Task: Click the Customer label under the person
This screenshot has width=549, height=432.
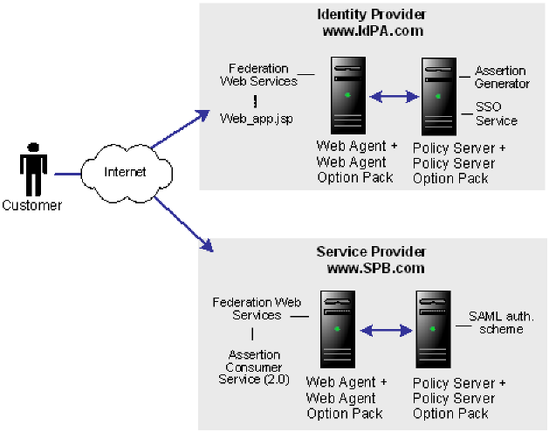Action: pos(32,206)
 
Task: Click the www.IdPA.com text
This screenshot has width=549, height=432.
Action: pos(372,31)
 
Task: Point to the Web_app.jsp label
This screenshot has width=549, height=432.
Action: pos(255,116)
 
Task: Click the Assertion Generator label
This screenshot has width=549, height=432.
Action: pos(501,77)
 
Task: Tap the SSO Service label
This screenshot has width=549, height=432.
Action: pos(496,113)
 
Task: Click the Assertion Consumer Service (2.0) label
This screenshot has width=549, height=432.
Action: pos(254,367)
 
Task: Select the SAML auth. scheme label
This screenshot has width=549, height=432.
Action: pos(496,323)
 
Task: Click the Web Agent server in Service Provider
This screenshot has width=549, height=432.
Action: pos(339,330)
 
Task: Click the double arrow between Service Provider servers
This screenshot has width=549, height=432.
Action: pos(386,331)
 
